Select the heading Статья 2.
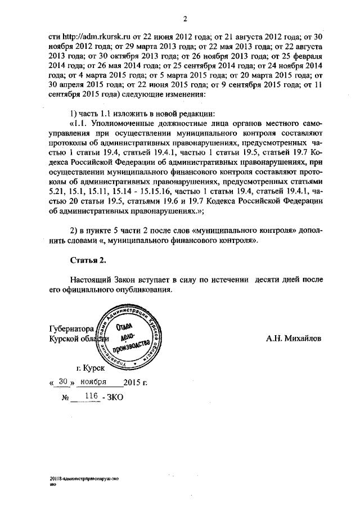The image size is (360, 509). click(x=88, y=260)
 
